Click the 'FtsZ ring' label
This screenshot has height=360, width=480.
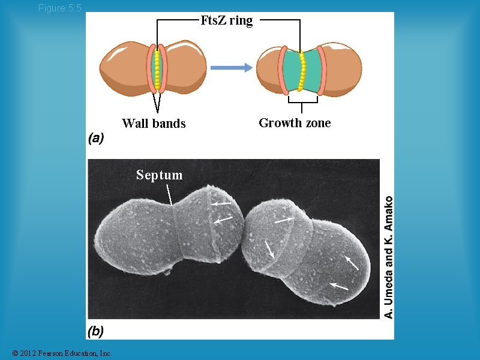(226, 20)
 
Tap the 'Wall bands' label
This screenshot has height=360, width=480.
(154, 124)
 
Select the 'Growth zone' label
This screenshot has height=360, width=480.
(295, 123)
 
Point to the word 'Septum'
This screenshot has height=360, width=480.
(159, 175)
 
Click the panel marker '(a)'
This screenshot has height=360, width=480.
(96, 139)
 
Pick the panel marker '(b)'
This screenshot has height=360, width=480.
(96, 331)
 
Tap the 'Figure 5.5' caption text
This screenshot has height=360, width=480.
(59, 8)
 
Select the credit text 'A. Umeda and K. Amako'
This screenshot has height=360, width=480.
(389, 257)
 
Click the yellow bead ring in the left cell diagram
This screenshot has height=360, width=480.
(157, 68)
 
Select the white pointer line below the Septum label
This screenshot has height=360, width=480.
(170, 195)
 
